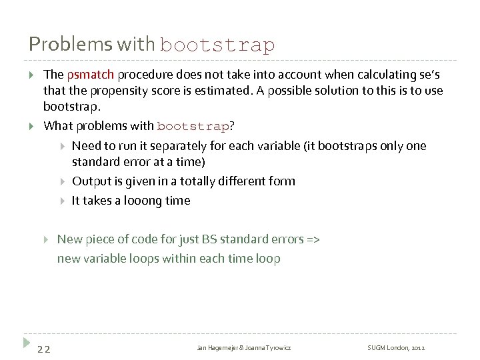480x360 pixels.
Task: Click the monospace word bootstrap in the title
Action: (217, 45)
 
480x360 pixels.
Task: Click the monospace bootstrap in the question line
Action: (193, 126)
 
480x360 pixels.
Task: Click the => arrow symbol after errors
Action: (313, 239)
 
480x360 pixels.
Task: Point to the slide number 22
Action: (44, 349)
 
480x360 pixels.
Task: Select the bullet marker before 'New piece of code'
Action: (47, 239)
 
